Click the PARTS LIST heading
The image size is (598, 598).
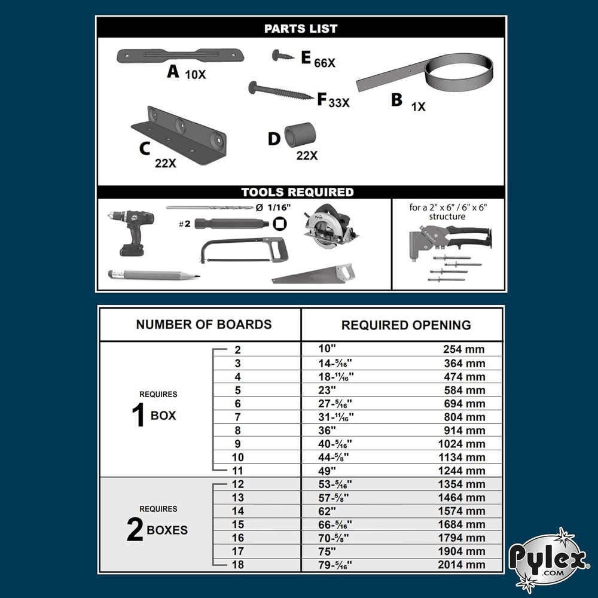tap(301, 28)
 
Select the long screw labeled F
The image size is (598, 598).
tap(280, 91)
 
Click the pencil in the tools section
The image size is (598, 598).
tap(152, 275)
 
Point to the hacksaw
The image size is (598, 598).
tap(243, 249)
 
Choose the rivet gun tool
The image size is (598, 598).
tap(448, 239)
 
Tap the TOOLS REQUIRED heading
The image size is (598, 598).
tap(297, 193)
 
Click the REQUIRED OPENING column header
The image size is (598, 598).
tap(406, 325)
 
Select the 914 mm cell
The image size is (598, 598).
tap(463, 431)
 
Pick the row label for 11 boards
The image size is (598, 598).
tap(238, 471)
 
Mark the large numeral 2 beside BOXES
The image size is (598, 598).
tap(135, 529)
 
